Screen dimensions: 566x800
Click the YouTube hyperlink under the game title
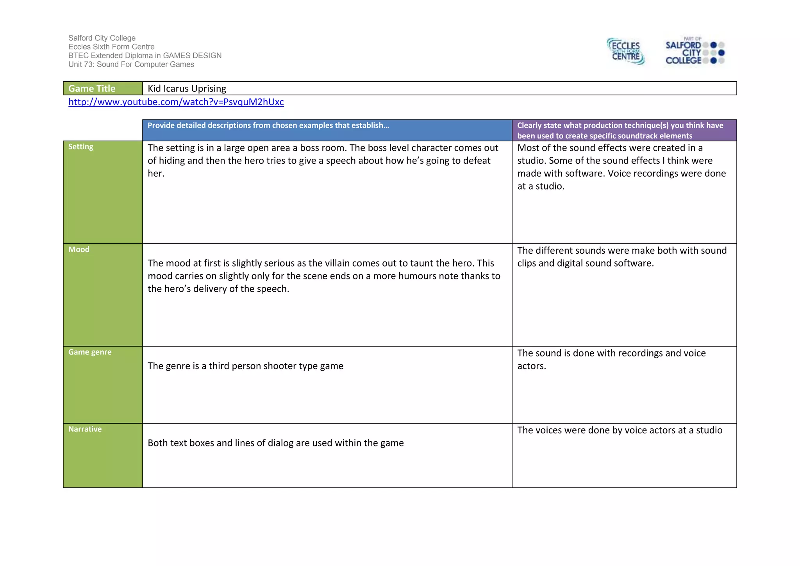coord(176,102)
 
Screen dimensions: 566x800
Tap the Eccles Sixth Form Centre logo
coord(625,51)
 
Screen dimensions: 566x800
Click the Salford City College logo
coord(695,51)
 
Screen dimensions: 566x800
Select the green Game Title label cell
coord(103,88)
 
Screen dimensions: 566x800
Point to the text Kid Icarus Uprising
coord(187,88)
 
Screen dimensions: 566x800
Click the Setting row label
coord(81,147)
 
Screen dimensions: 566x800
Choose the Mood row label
coord(79,249)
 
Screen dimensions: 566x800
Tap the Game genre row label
coord(90,352)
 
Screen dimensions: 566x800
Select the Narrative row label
coord(85,429)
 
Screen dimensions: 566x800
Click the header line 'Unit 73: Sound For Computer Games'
coord(131,64)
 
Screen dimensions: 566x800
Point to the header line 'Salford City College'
coord(102,38)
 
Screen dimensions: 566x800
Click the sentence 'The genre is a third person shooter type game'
coord(245,366)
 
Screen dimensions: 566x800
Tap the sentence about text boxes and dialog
coord(275,443)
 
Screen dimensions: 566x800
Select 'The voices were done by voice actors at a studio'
coord(620,430)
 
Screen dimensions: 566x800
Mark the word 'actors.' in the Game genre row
coord(532,366)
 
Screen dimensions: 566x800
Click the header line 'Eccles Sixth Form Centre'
coord(111,47)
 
